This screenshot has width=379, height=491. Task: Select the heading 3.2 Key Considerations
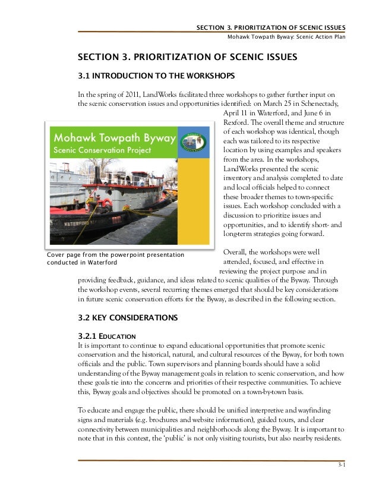[x=128, y=319]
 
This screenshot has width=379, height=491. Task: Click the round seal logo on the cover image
[x=196, y=141]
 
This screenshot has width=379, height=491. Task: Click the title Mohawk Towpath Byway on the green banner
[x=116, y=138]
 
